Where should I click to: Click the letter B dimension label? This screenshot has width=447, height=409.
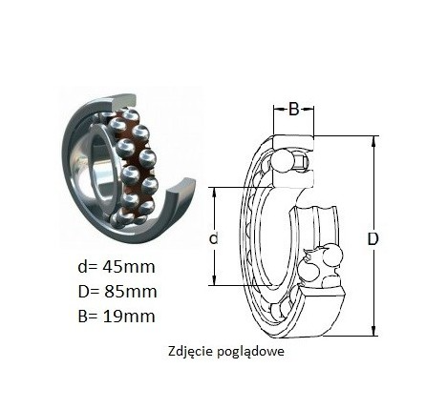tap(293, 109)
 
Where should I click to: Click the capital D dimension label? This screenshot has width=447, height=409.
tap(372, 239)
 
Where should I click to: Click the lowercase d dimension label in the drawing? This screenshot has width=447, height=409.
tap(213, 238)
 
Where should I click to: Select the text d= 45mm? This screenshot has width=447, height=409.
tap(117, 267)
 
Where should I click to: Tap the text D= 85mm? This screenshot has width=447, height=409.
tap(117, 292)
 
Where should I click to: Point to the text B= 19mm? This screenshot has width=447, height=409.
tap(117, 317)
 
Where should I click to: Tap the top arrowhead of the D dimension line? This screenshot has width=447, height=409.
tap(374, 140)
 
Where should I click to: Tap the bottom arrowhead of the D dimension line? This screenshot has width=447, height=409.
tap(374, 331)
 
